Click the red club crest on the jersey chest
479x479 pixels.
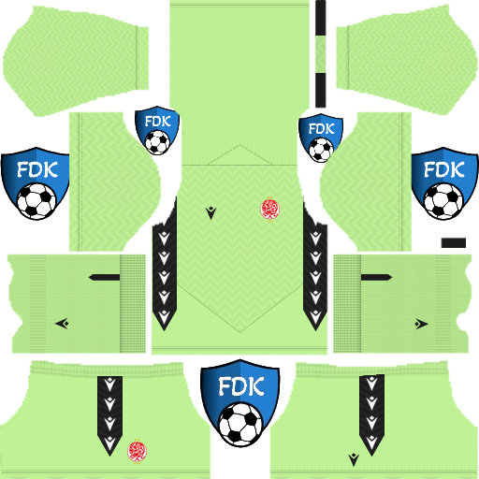click(x=269, y=209)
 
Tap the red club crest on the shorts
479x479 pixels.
click(x=137, y=451)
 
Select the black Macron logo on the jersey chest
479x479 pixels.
click(x=210, y=213)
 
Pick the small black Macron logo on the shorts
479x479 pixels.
click(x=354, y=459)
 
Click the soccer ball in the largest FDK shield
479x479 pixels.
click(x=240, y=424)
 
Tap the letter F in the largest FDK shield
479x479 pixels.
click(x=224, y=386)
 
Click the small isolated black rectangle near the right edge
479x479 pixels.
click(x=454, y=242)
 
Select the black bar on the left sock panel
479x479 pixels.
click(x=104, y=277)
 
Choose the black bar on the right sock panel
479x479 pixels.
click(x=376, y=277)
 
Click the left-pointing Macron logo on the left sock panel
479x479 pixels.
click(x=62, y=324)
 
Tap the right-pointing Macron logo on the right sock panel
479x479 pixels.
click(x=421, y=324)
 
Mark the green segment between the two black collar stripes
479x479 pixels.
click(x=320, y=54)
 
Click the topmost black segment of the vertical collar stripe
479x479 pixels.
click(x=320, y=18)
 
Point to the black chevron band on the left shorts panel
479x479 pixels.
click(x=109, y=415)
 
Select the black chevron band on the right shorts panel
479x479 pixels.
click(x=371, y=414)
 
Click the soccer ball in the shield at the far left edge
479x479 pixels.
click(x=36, y=201)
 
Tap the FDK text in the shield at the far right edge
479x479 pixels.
click(x=444, y=169)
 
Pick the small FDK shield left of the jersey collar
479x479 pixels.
click(x=157, y=130)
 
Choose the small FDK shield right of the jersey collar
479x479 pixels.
click(x=321, y=138)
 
